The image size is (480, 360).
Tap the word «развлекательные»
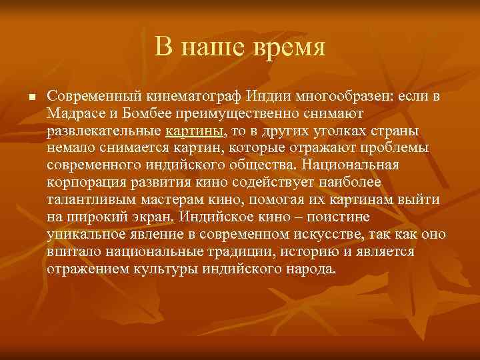[103, 131]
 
